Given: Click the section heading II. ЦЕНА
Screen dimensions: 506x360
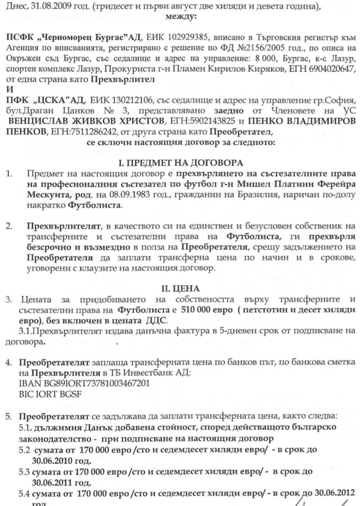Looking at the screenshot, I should pos(180,289).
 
